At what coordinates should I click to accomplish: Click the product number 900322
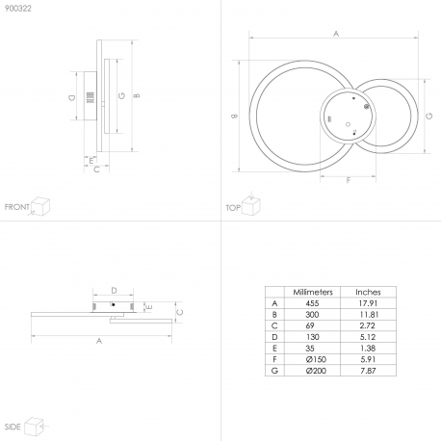[x=18, y=9]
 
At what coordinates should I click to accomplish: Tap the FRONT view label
[x=17, y=207]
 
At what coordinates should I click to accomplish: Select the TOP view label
[x=233, y=208]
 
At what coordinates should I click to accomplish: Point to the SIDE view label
[x=13, y=427]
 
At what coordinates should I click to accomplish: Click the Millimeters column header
[x=313, y=292]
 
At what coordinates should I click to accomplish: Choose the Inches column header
[x=368, y=292]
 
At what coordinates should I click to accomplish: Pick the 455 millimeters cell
[x=312, y=303]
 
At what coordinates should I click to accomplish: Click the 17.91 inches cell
[x=368, y=303]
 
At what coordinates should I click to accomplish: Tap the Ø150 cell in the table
[x=316, y=359]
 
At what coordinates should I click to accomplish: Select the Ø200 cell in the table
[x=316, y=371]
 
